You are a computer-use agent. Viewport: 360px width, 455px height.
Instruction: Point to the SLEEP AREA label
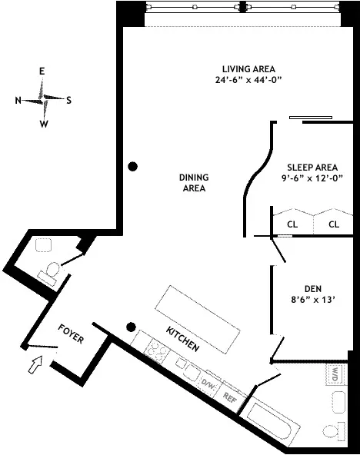(312, 167)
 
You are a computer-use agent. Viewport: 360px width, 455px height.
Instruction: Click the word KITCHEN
(184, 339)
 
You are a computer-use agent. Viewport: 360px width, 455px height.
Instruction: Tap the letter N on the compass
(18, 100)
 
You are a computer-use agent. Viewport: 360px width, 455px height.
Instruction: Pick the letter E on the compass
(43, 71)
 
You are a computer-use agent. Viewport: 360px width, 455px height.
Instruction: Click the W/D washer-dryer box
(335, 374)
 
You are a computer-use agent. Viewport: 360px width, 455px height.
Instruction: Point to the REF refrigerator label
(228, 397)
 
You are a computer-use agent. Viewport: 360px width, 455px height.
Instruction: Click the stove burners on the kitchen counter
(156, 352)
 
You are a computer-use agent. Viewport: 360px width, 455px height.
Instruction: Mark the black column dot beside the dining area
(133, 166)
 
